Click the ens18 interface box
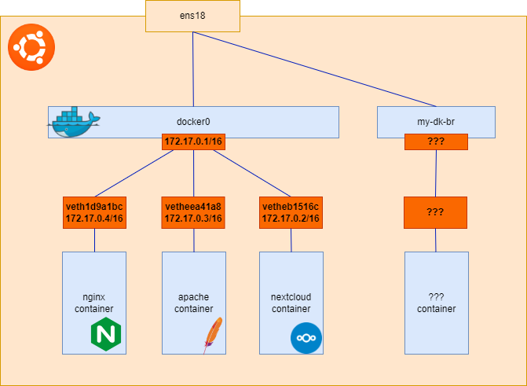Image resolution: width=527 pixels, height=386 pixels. [192, 16]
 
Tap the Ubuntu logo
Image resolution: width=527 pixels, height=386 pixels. [31, 48]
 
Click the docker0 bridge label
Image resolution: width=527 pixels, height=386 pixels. [193, 121]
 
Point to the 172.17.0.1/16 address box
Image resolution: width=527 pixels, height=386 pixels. [193, 142]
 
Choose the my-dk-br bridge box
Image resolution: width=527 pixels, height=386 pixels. [436, 121]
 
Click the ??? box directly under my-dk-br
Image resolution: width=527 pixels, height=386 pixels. [436, 142]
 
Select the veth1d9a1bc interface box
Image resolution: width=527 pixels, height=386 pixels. [94, 212]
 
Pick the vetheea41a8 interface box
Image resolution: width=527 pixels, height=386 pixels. [193, 212]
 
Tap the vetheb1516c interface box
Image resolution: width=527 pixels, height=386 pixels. [291, 212]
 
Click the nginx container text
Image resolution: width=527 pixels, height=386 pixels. [94, 303]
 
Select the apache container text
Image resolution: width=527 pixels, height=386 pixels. [193, 303]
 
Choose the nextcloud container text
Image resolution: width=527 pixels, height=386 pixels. [291, 303]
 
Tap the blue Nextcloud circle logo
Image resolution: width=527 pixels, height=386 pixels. [306, 338]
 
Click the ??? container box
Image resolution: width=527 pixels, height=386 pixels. [436, 303]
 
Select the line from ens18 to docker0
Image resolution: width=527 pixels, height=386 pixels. [193, 71]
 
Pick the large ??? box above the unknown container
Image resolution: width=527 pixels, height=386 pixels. [436, 212]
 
